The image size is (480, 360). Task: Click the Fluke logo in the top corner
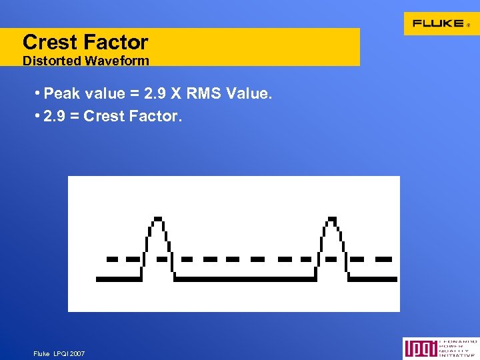tap(439, 23)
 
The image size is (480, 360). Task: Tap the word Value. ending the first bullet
tap(249, 94)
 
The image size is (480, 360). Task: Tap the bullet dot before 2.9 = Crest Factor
tap(38, 116)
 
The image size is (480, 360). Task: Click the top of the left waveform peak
tap(157, 218)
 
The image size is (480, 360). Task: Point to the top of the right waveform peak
tap(332, 218)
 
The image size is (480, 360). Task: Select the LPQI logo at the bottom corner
tap(440, 349)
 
